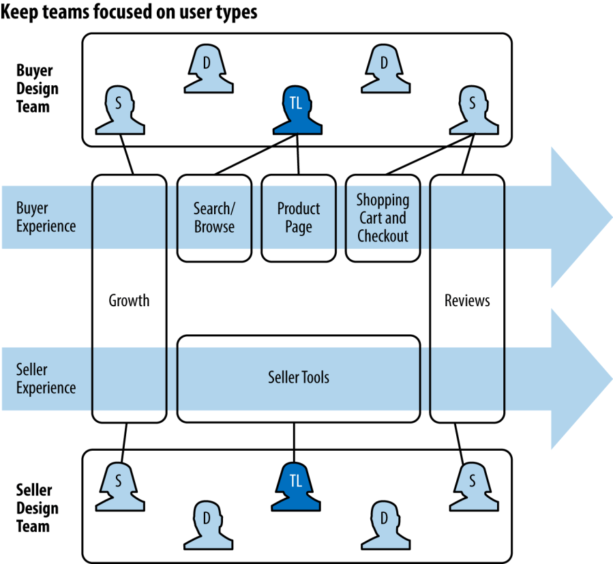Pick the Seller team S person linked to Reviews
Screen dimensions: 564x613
click(471, 486)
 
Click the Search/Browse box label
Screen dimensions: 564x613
click(214, 218)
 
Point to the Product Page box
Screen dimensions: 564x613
click(298, 218)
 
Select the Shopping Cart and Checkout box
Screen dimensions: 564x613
click(383, 218)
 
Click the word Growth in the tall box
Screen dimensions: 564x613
click(129, 300)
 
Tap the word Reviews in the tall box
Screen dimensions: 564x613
click(467, 300)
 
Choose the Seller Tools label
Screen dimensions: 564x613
click(299, 377)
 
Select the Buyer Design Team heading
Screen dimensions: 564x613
click(38, 89)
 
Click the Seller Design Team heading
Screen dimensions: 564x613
click(38, 508)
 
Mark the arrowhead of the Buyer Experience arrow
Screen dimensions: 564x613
click(580, 217)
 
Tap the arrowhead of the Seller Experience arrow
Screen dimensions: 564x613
click(580, 379)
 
